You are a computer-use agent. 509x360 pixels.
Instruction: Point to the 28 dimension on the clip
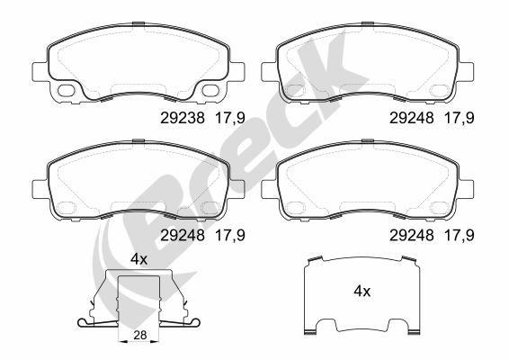139,335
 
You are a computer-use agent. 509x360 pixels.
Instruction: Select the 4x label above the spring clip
138,258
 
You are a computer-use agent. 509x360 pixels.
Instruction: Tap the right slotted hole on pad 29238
212,91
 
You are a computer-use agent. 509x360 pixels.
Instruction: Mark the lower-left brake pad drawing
138,182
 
